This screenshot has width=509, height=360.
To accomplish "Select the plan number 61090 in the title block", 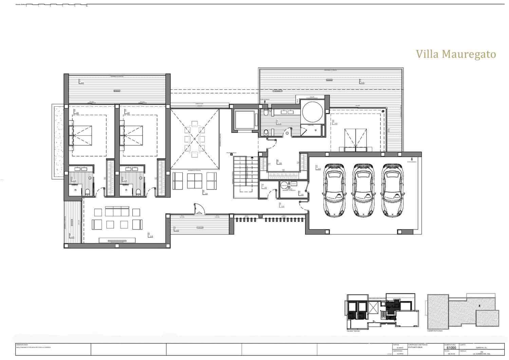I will [451, 347].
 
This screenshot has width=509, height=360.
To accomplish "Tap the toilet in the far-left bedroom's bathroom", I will [88, 192].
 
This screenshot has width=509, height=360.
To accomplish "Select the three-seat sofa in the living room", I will [118, 212].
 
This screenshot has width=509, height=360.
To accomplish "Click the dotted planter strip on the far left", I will [58, 141].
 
